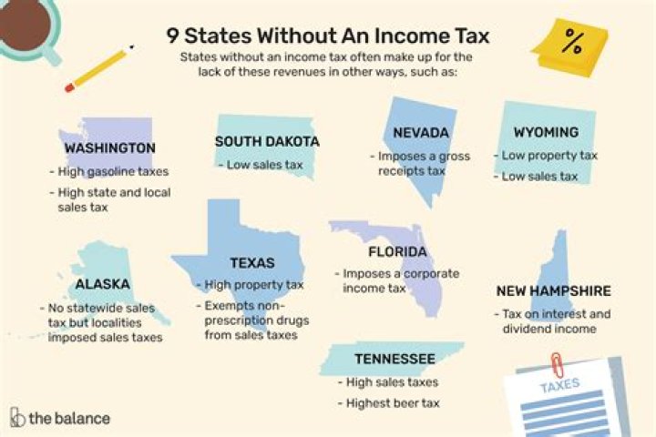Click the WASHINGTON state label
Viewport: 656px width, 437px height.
point(109,147)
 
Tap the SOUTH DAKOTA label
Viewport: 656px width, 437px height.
point(267,141)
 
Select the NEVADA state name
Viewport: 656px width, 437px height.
point(420,134)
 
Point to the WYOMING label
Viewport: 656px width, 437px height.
point(546,132)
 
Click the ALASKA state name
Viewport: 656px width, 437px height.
point(102,284)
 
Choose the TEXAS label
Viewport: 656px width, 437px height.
point(252,262)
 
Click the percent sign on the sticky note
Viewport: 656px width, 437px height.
point(573,42)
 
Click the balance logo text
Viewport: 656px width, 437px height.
point(69,418)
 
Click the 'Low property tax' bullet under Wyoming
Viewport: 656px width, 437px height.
point(549,155)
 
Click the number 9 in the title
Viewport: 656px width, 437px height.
point(172,36)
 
